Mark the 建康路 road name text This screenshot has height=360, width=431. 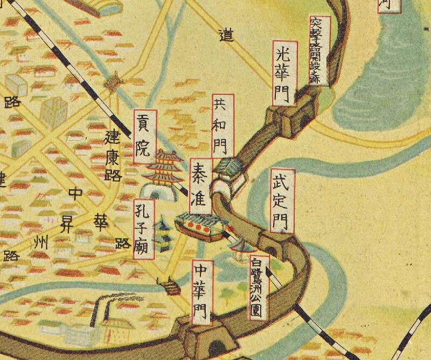coord(114,154)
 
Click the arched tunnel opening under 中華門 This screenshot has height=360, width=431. coord(216,348)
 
